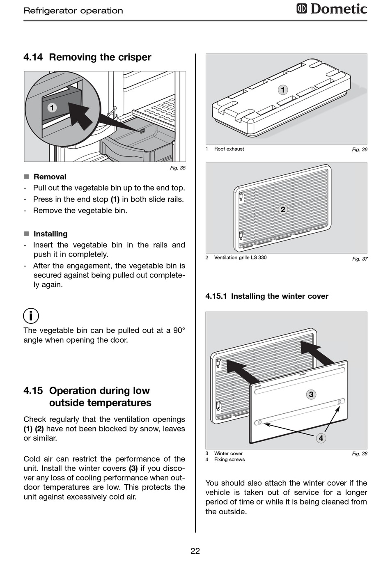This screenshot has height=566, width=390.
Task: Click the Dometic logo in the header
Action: [x=332, y=9]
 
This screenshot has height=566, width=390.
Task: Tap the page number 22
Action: [x=195, y=551]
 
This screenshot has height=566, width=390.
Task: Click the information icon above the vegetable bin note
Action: [x=31, y=316]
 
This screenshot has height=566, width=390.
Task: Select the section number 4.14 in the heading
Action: [x=33, y=57]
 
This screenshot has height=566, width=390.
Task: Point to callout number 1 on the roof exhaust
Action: [x=282, y=90]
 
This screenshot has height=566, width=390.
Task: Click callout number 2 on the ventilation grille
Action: [x=282, y=209]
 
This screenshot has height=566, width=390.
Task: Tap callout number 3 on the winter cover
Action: [x=311, y=394]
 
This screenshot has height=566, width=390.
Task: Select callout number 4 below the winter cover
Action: [x=321, y=438]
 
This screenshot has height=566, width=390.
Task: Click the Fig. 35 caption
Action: [x=178, y=167]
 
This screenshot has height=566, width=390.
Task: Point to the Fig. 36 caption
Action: [x=360, y=149]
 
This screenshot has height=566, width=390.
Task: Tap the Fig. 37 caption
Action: [x=360, y=259]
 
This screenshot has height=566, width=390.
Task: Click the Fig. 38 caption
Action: [x=360, y=454]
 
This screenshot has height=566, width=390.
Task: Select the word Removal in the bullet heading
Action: [x=50, y=177]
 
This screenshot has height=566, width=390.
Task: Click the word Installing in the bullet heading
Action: [x=50, y=234]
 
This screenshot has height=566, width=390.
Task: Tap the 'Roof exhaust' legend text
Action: [x=229, y=149]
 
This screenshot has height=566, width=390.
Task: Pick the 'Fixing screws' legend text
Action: [x=229, y=459]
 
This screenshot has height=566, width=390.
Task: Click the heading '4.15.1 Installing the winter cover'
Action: [x=267, y=296]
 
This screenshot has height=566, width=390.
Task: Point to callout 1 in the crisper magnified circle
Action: [x=52, y=108]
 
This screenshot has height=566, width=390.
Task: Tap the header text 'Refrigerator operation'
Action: [x=73, y=11]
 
